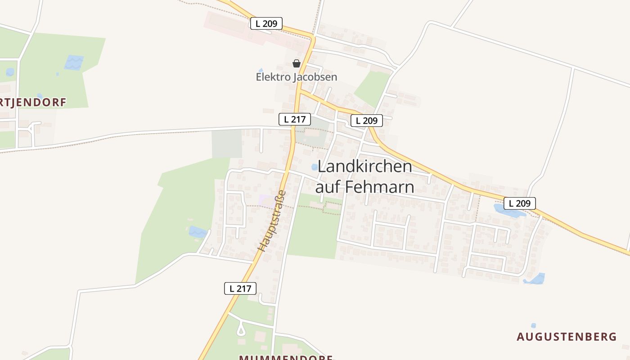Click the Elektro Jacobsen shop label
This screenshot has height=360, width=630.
[296, 77]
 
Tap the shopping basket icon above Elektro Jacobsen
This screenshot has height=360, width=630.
[296, 63]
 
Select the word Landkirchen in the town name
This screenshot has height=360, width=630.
[364, 166]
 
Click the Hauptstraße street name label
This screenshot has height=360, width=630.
[272, 220]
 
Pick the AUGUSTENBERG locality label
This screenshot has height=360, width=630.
[567, 337]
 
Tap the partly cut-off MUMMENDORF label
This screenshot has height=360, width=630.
[286, 357]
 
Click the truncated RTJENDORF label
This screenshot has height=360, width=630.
[33, 103]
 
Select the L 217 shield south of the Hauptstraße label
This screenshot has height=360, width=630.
[240, 288]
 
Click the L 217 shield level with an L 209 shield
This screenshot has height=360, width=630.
[295, 119]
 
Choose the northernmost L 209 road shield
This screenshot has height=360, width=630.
[266, 23]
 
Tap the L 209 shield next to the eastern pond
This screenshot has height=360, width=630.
[520, 203]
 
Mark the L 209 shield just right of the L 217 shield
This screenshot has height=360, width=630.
[367, 121]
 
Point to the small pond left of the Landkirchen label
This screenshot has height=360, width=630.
[315, 167]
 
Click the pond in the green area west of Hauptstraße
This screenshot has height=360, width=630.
[197, 232]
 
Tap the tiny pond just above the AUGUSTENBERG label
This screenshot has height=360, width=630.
[534, 325]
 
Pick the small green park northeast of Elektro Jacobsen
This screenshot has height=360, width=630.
[372, 88]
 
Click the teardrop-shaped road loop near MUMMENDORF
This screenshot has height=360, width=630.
[241, 331]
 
